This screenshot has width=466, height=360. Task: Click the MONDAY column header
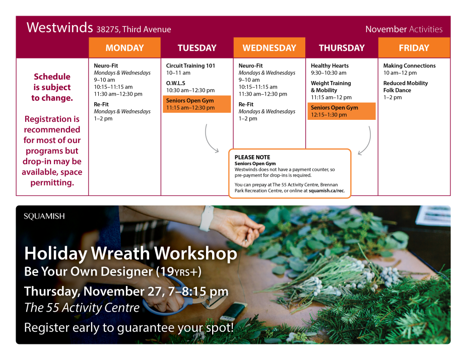[x=124, y=48]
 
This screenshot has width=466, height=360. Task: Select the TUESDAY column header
[x=197, y=48]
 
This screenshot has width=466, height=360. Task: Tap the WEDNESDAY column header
[x=269, y=48]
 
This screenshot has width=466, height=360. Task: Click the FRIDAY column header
[x=414, y=48]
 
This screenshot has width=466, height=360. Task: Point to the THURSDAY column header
[x=342, y=48]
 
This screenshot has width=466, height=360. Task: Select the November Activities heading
[x=404, y=29]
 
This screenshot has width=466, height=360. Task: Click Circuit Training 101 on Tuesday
[x=190, y=66]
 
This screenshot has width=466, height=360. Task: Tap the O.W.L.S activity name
[x=176, y=83]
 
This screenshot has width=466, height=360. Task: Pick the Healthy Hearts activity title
[x=329, y=66]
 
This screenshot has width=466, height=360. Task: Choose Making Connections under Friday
[x=409, y=66]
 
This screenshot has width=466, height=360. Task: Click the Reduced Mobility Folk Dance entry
[x=405, y=87]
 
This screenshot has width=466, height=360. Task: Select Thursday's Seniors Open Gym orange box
[x=342, y=111]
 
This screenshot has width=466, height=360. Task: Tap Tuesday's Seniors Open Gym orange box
[x=197, y=104]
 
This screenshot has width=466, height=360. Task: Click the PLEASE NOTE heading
[x=252, y=157]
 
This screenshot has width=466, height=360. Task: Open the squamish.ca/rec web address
[x=326, y=191]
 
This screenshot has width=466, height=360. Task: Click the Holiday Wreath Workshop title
[x=130, y=253]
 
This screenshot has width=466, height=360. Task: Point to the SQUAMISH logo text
[x=44, y=217]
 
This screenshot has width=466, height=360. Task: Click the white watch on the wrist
[x=207, y=219]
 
